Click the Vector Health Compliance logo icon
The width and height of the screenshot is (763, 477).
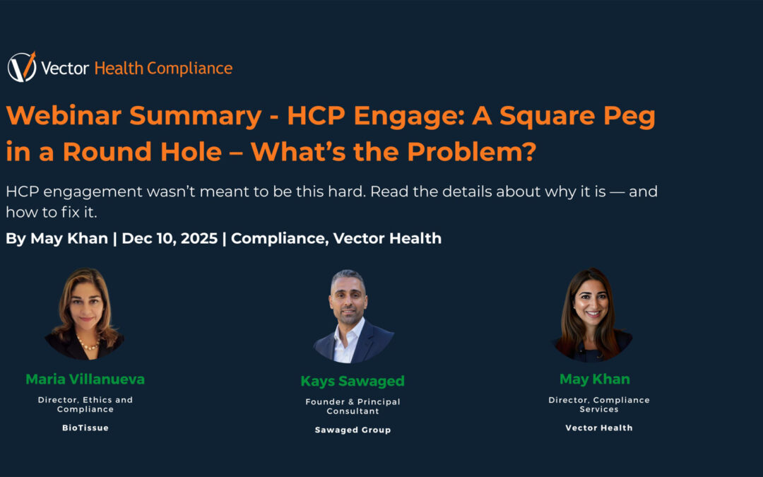(x=22, y=67)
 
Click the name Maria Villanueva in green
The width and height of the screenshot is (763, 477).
(x=85, y=379)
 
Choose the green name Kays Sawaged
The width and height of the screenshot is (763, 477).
(x=353, y=381)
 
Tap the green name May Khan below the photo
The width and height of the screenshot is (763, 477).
(x=594, y=379)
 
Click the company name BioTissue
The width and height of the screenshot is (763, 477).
(x=85, y=428)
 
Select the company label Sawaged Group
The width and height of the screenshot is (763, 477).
(x=353, y=430)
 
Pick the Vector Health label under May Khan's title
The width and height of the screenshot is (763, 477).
(x=599, y=428)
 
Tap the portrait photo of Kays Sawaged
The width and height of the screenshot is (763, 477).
(x=353, y=315)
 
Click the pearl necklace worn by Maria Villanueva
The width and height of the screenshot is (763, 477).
(x=87, y=344)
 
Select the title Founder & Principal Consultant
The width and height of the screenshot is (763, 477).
(x=353, y=406)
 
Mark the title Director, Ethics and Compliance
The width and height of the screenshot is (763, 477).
(x=85, y=404)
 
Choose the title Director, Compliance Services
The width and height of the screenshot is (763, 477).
(x=599, y=404)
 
